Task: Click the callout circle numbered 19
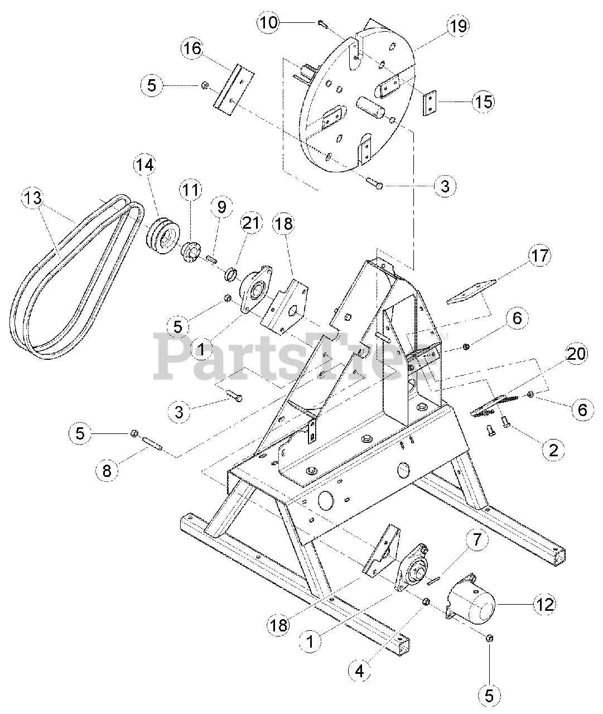pyautogui.click(x=457, y=26)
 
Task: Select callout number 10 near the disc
pyautogui.click(x=268, y=22)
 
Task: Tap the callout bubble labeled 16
pyautogui.click(x=191, y=49)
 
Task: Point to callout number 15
pyautogui.click(x=483, y=102)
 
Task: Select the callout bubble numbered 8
pyautogui.click(x=106, y=470)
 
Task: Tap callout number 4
pyautogui.click(x=359, y=672)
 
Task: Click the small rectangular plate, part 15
pyautogui.click(x=430, y=104)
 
